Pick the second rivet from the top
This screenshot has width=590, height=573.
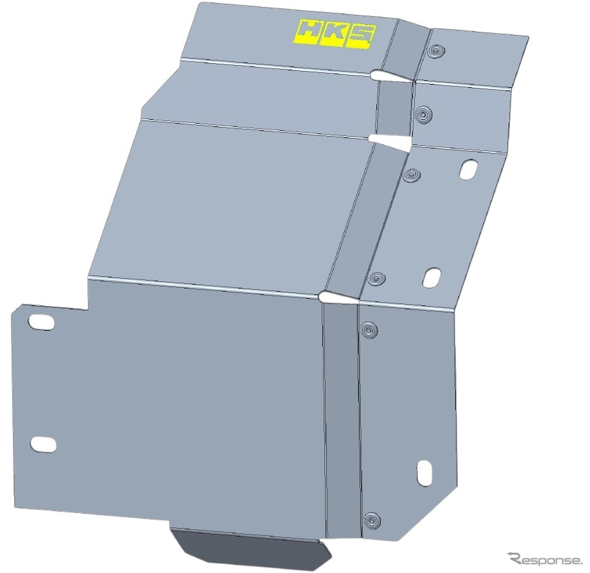click(424, 113)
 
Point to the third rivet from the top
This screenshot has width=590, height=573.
click(412, 175)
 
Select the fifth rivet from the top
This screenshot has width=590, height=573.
click(369, 330)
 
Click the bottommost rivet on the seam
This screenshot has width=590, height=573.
click(372, 521)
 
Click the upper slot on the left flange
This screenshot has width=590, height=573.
click(41, 322)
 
